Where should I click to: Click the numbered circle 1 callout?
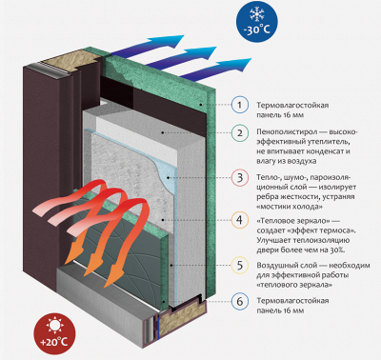click(240, 105)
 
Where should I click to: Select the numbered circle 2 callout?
click(240, 132)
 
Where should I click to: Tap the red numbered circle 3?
click(240, 178)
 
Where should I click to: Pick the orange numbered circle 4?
click(240, 220)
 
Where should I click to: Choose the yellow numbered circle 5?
click(240, 265)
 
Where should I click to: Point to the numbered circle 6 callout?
click(240, 301)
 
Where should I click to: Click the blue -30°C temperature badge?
click(256, 22)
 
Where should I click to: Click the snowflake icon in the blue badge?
click(256, 14)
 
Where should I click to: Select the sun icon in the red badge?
click(54, 326)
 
